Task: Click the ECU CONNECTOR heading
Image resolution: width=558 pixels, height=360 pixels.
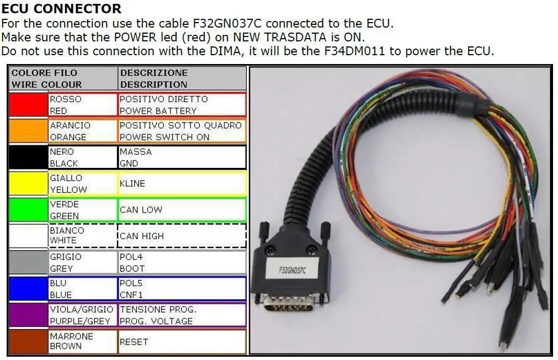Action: coord(61,8)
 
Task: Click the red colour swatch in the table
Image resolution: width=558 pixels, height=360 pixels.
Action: coord(29,105)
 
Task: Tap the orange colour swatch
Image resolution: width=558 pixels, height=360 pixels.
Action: coord(29,131)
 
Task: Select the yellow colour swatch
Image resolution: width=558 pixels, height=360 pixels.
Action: coord(29,183)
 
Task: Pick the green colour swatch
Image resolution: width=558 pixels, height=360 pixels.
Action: coord(29,210)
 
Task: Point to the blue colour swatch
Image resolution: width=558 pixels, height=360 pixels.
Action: coord(29,289)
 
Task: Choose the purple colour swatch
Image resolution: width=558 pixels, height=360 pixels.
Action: coord(29,315)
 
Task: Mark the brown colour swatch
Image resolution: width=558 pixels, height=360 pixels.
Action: coord(29,341)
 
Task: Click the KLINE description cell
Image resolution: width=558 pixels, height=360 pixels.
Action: coord(182,183)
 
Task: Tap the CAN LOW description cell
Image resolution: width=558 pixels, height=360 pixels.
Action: coord(182,210)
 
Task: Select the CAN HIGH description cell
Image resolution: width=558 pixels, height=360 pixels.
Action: coord(182,236)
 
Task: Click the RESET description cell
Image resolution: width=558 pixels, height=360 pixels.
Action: coord(182,342)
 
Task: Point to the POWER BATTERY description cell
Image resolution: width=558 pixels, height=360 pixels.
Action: coord(182,105)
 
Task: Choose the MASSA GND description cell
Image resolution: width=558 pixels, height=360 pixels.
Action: coord(182,157)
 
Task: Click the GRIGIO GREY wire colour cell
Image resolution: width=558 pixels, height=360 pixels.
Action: coord(82,262)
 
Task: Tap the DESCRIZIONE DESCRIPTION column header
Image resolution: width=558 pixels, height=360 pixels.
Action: coord(182,78)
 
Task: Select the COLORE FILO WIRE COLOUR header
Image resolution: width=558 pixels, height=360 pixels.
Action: coord(63,78)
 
